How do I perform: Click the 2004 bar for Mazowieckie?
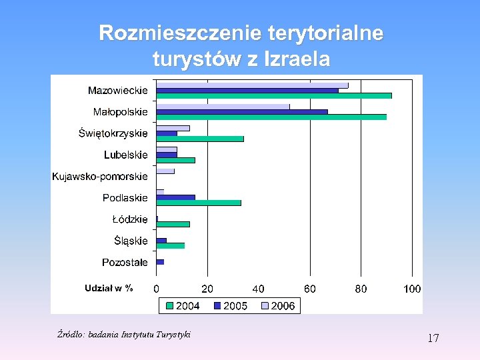(273, 96)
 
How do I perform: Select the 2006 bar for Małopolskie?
(223, 107)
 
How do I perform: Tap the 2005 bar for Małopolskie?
(241, 112)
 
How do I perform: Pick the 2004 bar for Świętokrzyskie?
(200, 139)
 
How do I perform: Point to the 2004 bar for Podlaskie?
(199, 203)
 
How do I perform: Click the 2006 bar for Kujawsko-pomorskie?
(165, 171)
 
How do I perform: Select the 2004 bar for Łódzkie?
(173, 224)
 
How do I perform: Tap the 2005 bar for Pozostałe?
(160, 262)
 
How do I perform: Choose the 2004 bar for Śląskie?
(171, 245)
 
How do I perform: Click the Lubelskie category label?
(125, 155)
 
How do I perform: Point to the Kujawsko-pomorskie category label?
(100, 177)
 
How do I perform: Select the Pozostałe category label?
(125, 262)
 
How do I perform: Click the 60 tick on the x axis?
(310, 289)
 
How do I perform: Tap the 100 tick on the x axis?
(412, 289)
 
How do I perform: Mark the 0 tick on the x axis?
(157, 289)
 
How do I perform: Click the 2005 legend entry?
(230, 305)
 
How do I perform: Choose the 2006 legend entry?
(276, 305)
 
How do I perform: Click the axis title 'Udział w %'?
(109, 288)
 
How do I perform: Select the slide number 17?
(433, 338)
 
